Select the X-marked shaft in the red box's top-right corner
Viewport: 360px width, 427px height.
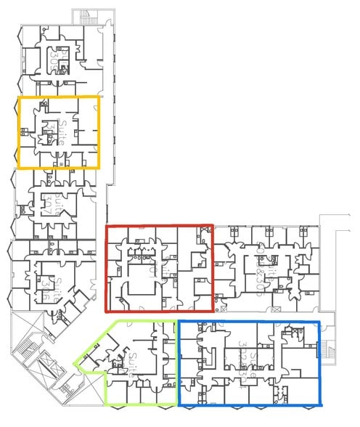[x=201, y=233]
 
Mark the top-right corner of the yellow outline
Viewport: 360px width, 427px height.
[x=99, y=97]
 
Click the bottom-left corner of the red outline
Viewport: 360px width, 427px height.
[x=107, y=312]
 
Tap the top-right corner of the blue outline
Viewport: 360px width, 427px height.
[x=319, y=320]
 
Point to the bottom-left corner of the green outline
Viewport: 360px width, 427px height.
[x=107, y=404]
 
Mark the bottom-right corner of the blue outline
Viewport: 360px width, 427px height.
[x=319, y=404]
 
